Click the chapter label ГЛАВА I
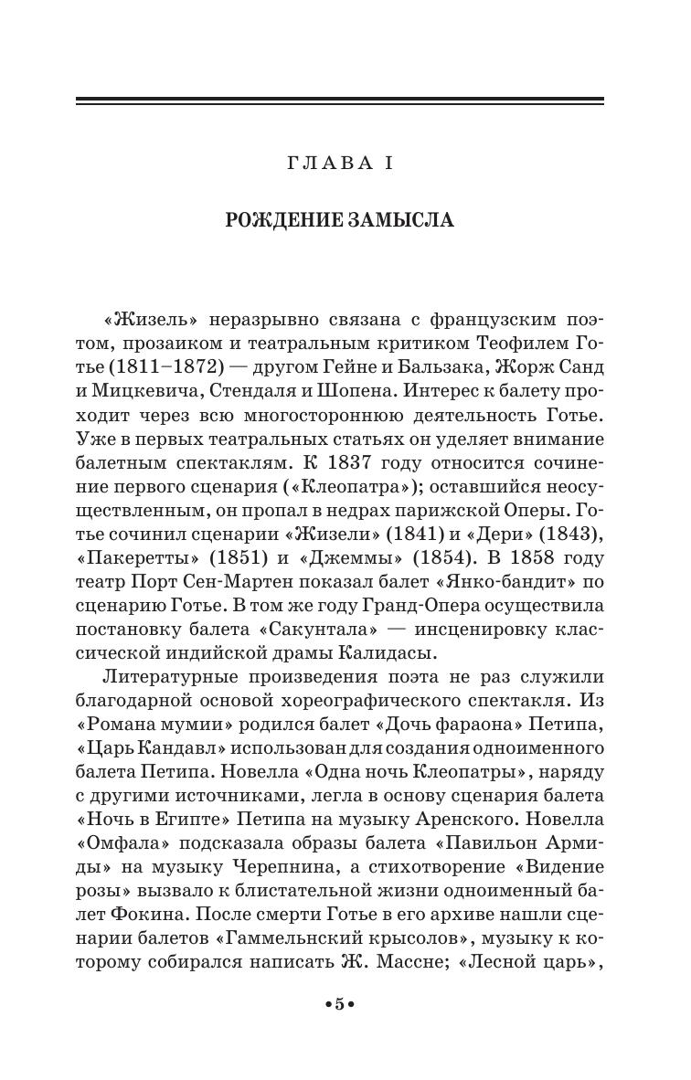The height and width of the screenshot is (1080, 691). (339, 164)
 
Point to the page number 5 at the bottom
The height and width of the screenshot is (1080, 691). (339, 1004)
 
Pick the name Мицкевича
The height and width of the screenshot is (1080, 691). (159, 391)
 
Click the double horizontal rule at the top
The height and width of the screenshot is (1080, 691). (339, 101)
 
